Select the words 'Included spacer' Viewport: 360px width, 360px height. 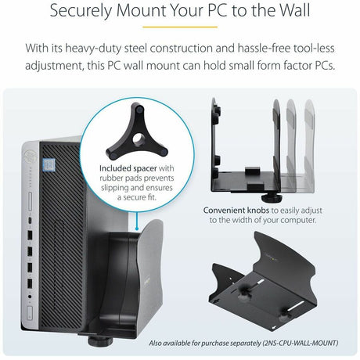[125, 168]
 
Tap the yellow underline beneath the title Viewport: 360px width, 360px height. [180, 27]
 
